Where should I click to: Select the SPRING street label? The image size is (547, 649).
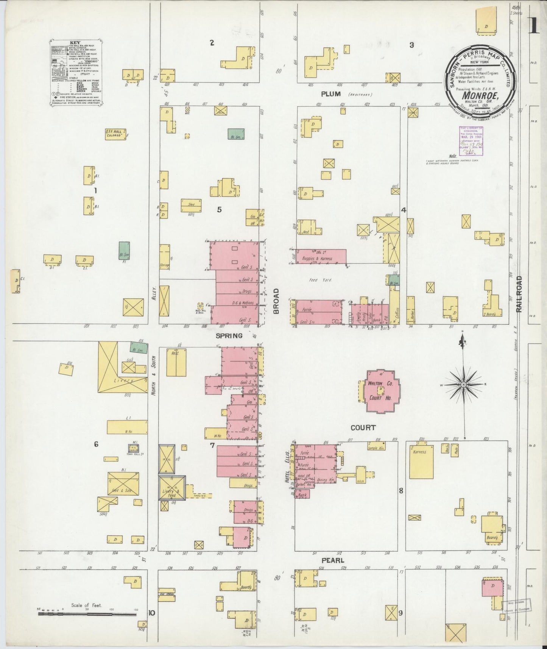229,335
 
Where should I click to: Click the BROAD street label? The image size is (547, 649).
276,301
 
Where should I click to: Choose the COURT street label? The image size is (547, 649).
363,427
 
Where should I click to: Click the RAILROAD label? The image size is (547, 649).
519,293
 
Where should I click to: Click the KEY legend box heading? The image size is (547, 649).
75,43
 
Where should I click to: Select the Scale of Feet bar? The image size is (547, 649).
87,613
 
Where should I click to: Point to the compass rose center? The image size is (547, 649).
463,385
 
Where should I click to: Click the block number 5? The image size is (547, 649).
219,209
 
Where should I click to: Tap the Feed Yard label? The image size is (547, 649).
320,280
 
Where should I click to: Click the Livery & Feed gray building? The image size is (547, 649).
172,488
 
